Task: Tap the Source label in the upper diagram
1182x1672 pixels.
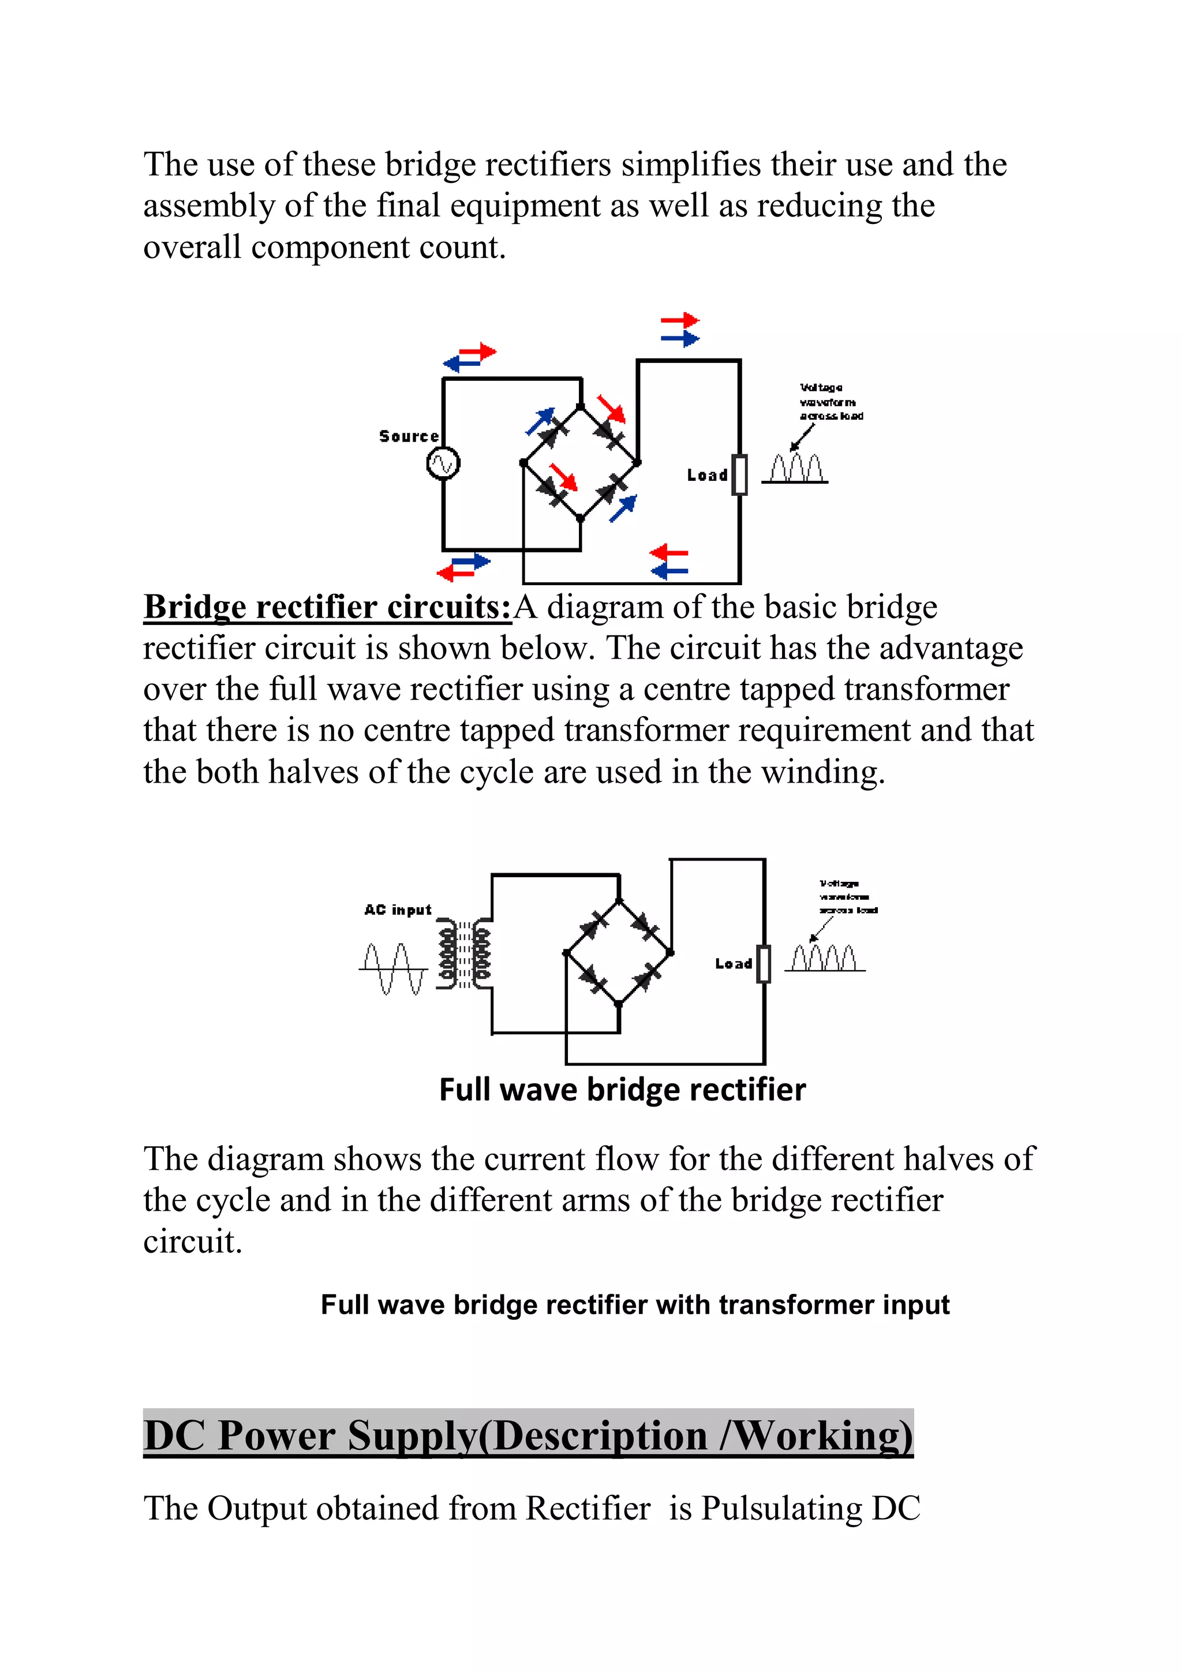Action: coord(409,436)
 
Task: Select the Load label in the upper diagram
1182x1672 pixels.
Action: coord(706,476)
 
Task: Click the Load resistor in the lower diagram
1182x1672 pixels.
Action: coord(763,963)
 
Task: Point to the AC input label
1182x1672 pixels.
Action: coord(398,910)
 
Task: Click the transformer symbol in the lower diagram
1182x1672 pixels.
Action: coord(464,955)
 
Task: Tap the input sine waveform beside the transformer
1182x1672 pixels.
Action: coord(393,968)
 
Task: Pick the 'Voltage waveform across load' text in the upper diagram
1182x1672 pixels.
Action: coord(831,402)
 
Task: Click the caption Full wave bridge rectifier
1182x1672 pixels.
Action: coord(622,1090)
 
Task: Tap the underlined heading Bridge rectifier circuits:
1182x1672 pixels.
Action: coord(327,607)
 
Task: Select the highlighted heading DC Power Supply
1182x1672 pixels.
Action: coord(528,1435)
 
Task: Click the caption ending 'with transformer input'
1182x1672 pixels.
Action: coord(634,1304)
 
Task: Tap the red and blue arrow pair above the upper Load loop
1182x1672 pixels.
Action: coord(679,330)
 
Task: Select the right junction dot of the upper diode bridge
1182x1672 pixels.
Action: coord(637,462)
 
